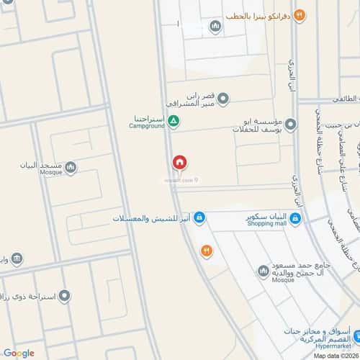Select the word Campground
pos(148,127)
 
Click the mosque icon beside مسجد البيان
pos(70,168)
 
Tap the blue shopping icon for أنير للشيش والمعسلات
pos(199,217)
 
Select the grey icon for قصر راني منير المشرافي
pos(223,99)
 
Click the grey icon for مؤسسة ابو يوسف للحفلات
pos(290,126)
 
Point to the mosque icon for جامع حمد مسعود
pos(264,272)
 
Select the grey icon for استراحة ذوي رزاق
pos(64,296)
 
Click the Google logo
pos(18,352)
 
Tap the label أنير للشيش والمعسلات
pos(152,217)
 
